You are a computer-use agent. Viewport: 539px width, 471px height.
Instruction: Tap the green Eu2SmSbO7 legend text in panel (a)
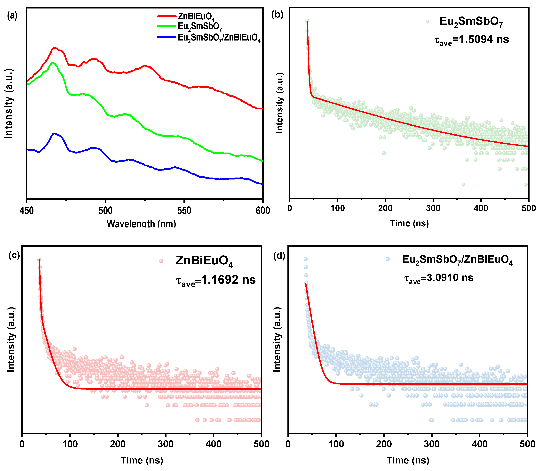[x=200, y=27]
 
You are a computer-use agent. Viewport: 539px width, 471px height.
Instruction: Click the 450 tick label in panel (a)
[x=27, y=211]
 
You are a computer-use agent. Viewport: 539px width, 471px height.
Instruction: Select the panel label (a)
[x=12, y=16]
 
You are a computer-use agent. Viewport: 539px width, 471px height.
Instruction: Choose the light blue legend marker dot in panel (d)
[x=387, y=259]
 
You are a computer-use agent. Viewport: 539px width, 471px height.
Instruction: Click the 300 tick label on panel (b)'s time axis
[x=433, y=208]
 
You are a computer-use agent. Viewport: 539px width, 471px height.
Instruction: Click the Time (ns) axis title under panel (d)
[x=408, y=460]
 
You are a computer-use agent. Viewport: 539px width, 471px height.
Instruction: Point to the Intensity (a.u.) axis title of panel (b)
[x=280, y=103]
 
